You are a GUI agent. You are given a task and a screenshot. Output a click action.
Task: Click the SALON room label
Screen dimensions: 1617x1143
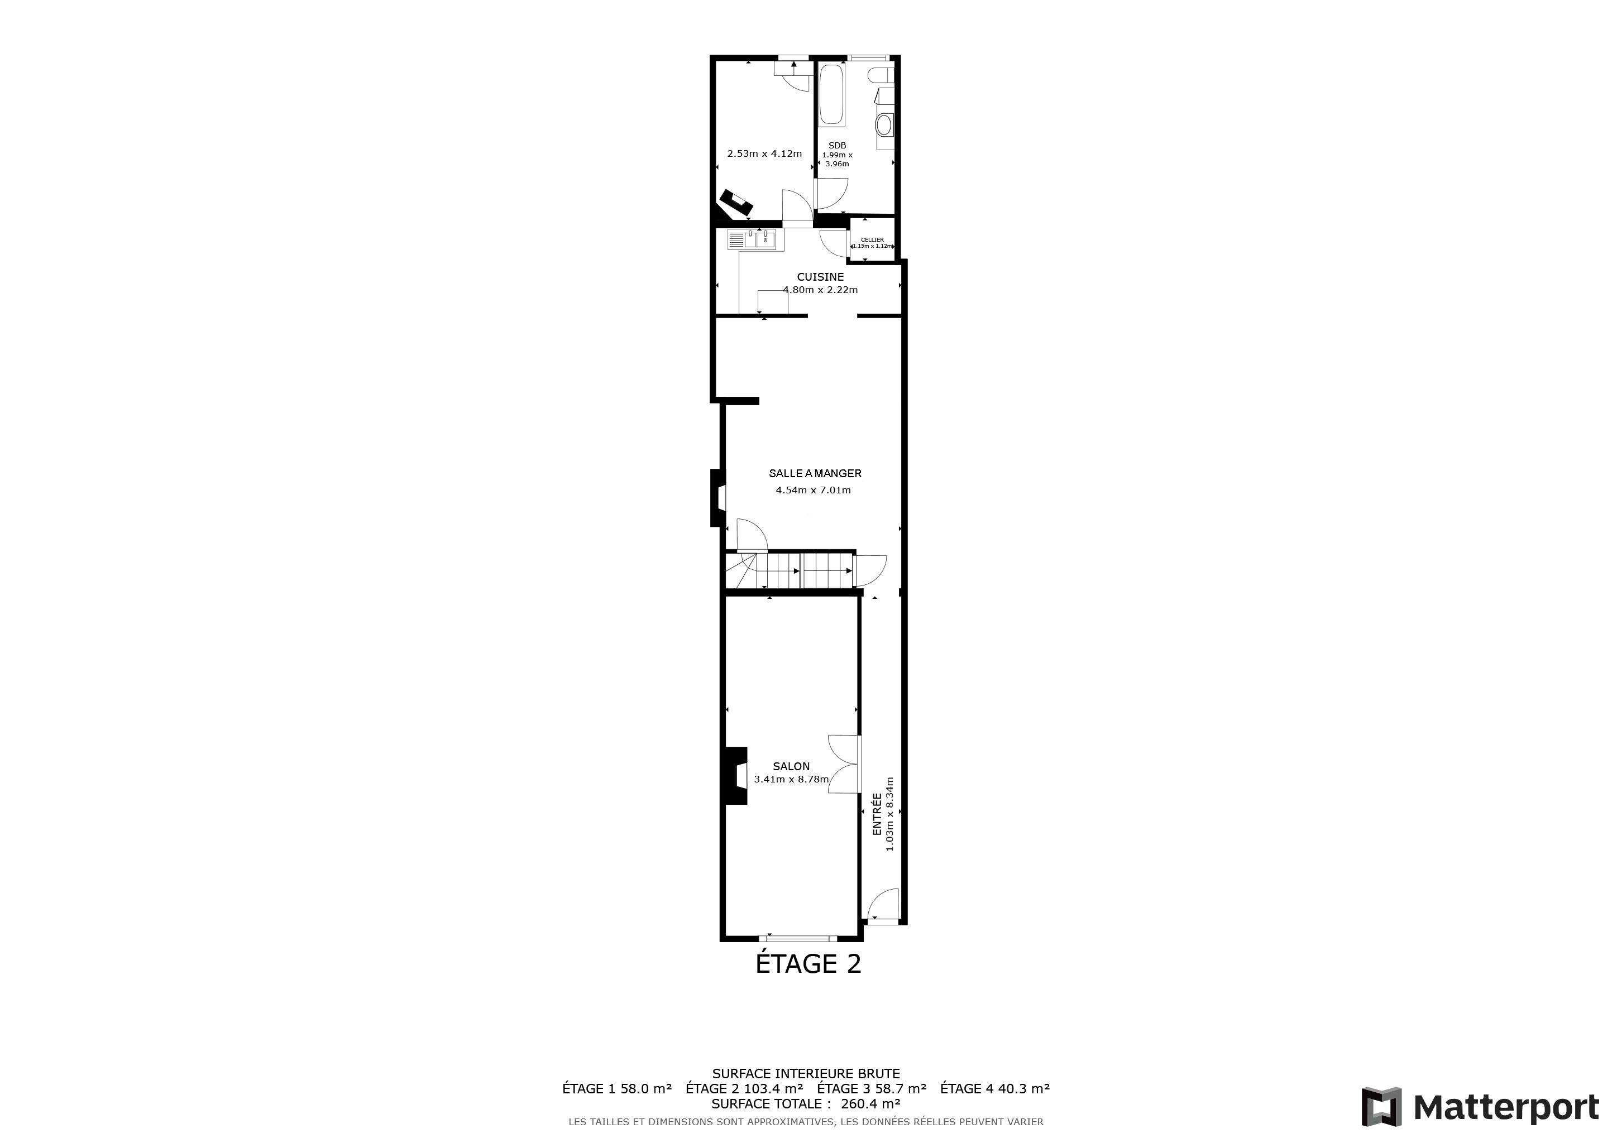pyautogui.click(x=791, y=766)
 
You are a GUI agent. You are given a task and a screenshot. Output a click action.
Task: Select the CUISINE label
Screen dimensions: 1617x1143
pyautogui.click(x=820, y=277)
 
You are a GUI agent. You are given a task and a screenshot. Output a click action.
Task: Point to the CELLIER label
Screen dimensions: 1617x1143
pyautogui.click(x=872, y=240)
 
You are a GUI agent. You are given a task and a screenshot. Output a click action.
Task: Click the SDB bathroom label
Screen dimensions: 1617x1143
pyautogui.click(x=838, y=146)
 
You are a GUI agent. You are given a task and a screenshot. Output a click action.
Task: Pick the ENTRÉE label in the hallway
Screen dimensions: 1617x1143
pyautogui.click(x=877, y=814)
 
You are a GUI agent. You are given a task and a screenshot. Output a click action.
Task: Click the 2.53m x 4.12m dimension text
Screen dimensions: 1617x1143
pyautogui.click(x=764, y=153)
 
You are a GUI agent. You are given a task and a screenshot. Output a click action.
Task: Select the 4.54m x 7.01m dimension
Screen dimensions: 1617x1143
pyautogui.click(x=814, y=490)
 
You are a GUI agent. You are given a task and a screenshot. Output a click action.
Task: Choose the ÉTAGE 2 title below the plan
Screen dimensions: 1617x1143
pyautogui.click(x=808, y=963)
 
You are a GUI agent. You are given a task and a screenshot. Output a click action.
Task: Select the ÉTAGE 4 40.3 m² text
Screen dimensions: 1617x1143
pyautogui.click(x=995, y=1088)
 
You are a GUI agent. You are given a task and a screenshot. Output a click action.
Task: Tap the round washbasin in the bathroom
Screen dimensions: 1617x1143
pyautogui.click(x=884, y=125)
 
